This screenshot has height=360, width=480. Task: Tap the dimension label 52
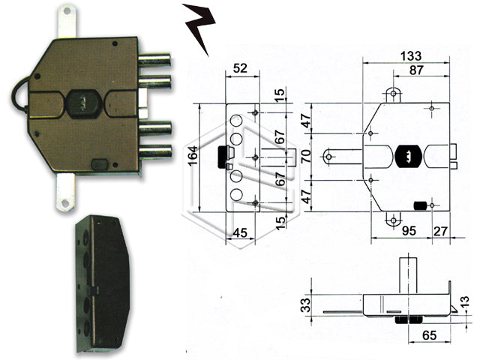[240, 68]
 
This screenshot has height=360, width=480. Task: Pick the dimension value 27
[442, 232]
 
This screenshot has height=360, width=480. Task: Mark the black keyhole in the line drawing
[405, 156]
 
